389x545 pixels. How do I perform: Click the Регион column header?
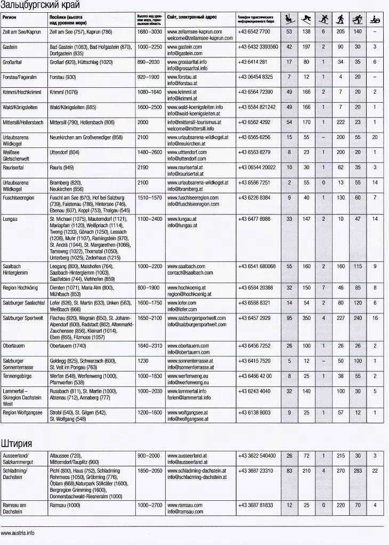tap(9, 18)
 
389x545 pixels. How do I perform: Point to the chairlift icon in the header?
tap(289, 20)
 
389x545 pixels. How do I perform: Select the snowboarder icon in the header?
tap(323, 20)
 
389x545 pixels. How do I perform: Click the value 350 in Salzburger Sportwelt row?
tap(306, 318)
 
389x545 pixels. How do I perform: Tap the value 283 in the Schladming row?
tap(358, 471)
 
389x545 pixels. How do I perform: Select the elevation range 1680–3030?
tap(149, 32)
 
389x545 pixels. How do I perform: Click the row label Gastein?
tap(10, 47)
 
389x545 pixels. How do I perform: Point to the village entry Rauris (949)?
tap(61, 168)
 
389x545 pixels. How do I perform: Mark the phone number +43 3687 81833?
tap(255, 505)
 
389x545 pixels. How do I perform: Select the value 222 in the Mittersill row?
tap(341, 122)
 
